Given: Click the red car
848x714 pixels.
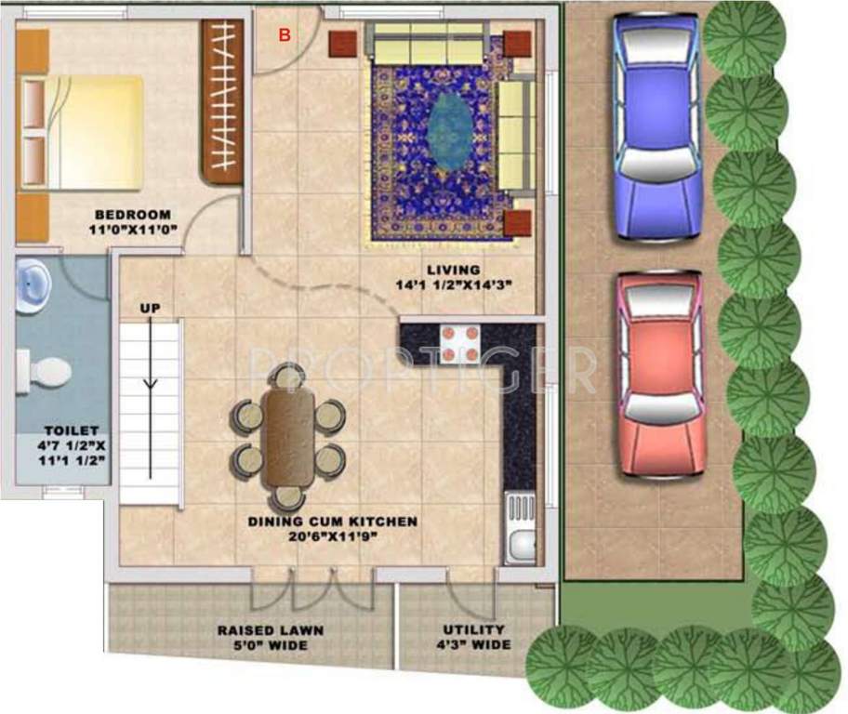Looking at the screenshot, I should pyautogui.click(x=659, y=375).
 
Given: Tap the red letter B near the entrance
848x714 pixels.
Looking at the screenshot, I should pyautogui.click(x=285, y=35).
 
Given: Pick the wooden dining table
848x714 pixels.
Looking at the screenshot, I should pyautogui.click(x=288, y=435).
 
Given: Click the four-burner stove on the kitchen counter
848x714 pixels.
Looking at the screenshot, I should pyautogui.click(x=459, y=343).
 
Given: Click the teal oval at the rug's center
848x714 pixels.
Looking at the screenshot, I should pyautogui.click(x=448, y=131).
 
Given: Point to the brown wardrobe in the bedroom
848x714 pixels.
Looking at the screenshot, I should pyautogui.click(x=222, y=101).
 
